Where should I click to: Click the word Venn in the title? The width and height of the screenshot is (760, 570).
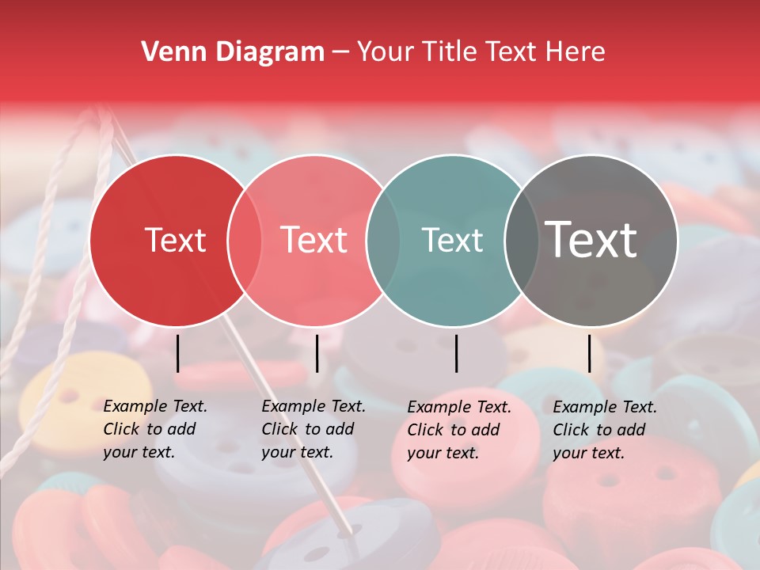[x=171, y=52]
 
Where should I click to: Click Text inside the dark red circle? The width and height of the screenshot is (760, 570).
[x=175, y=240]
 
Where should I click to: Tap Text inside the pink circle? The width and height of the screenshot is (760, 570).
[x=313, y=240]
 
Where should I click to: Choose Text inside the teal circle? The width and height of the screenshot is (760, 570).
[x=452, y=240]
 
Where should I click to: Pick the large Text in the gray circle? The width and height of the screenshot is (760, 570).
[x=591, y=240]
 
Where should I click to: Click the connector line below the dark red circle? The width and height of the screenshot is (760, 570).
[x=177, y=353]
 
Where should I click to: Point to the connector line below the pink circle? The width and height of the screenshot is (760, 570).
[x=317, y=353]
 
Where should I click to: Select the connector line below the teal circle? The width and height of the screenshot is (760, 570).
[x=457, y=353]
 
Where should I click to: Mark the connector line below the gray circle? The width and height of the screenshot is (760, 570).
[x=590, y=353]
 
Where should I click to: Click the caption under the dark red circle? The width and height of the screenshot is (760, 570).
[x=155, y=429]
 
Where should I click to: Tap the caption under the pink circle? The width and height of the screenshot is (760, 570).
[x=313, y=429]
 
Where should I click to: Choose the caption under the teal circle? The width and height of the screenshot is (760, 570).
[x=459, y=430]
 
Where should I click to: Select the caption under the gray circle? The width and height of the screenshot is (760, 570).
[x=605, y=430]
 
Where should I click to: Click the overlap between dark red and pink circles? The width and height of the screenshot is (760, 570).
[x=245, y=240]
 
